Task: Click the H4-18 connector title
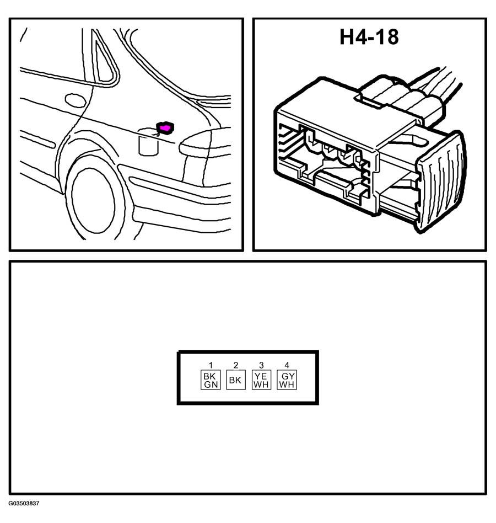tap(369, 37)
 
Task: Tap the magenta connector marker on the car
tap(165, 128)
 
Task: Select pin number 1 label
tap(211, 365)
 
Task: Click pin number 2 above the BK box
tap(236, 365)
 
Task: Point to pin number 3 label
tap(261, 365)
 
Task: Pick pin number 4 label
tap(287, 365)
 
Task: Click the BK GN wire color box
tap(211, 380)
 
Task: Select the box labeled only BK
tap(236, 380)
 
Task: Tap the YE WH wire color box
tap(261, 380)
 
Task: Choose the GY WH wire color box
tap(287, 380)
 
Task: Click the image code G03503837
tap(24, 504)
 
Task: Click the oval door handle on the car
tap(75, 100)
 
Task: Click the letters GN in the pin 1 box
tap(211, 385)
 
